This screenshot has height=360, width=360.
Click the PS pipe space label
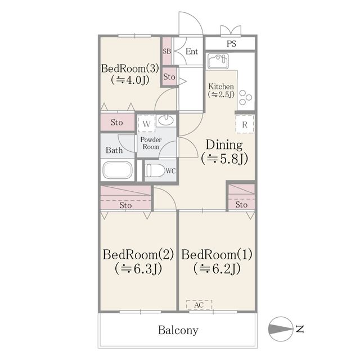click(x=231, y=44)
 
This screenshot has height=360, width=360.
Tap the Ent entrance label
click(x=192, y=51)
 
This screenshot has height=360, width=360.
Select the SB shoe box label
click(x=167, y=51)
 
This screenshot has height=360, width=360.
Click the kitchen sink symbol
click(x=218, y=61)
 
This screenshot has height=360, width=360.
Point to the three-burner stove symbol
click(x=245, y=97)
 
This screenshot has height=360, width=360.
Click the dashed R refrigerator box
click(x=245, y=124)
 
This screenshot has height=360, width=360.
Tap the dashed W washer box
click(x=146, y=124)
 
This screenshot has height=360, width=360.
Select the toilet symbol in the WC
click(x=156, y=170)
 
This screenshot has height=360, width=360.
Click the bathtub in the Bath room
click(x=118, y=170)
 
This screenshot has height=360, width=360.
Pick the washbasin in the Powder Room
click(x=166, y=120)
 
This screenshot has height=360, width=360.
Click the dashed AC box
click(x=199, y=305)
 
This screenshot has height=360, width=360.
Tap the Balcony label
click(x=178, y=330)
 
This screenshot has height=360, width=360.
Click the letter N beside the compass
click(x=300, y=328)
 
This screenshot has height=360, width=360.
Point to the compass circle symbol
click(x=281, y=328)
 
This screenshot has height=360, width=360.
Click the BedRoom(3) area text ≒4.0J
click(x=130, y=80)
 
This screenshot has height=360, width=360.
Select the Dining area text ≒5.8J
click(x=224, y=159)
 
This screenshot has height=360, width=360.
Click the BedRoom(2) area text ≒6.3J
click(x=138, y=268)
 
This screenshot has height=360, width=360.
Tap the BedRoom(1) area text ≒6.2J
click(x=217, y=268)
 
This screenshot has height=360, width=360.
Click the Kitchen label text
click(x=221, y=87)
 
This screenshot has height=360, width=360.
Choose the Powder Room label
click(x=151, y=143)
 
